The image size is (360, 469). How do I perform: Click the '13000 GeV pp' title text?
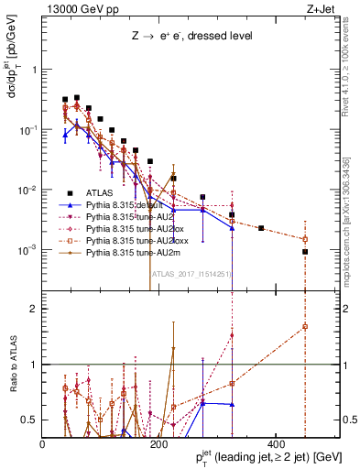80,8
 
